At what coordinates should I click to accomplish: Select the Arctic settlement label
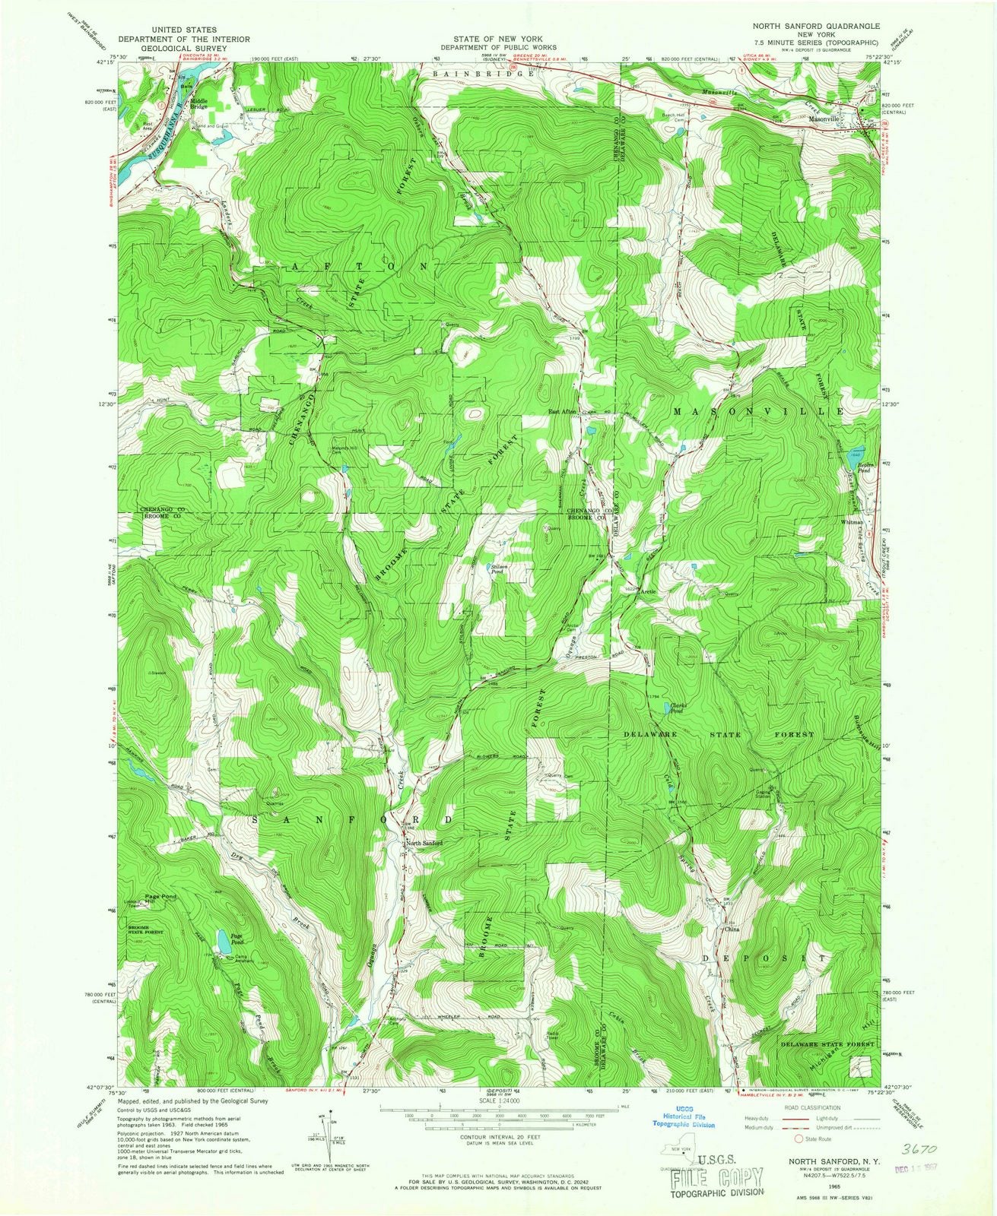648,591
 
